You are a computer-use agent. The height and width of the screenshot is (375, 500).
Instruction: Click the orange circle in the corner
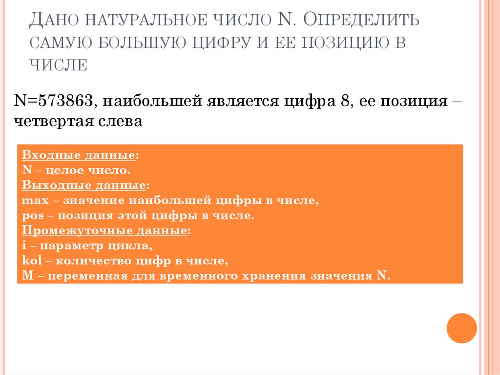[461, 328]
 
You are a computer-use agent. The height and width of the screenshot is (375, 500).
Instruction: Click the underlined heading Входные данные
[79, 155]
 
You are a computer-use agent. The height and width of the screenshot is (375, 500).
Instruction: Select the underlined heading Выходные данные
[84, 186]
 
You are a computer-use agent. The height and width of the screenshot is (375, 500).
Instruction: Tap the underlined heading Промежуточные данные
[104, 231]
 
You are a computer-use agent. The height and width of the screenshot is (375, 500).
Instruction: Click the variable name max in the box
[32, 201]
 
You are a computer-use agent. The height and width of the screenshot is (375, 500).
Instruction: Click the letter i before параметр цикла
[24, 246]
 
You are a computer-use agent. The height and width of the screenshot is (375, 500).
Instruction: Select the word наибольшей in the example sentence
[152, 101]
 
